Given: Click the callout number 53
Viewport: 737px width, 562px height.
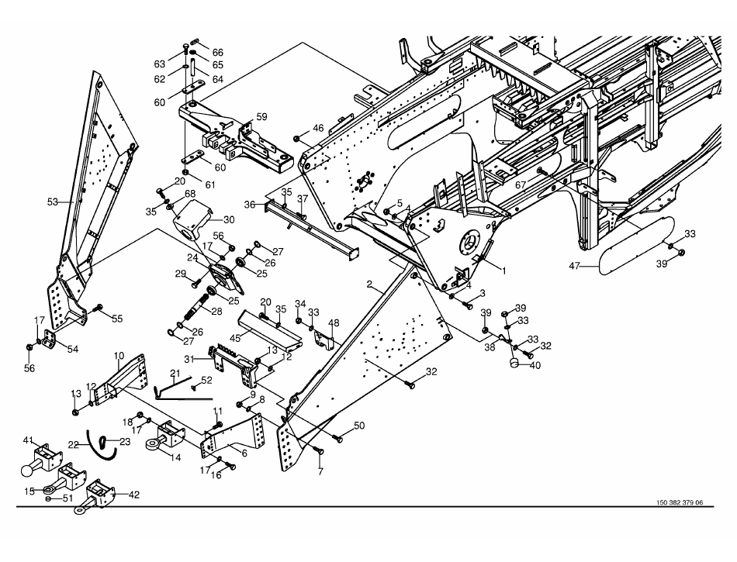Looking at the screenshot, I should pyautogui.click(x=53, y=202).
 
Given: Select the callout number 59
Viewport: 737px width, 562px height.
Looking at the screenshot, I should pyautogui.click(x=261, y=117).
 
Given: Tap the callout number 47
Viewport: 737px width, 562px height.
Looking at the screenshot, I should pyautogui.click(x=574, y=266).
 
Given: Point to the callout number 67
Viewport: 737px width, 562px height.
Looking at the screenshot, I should pyautogui.click(x=521, y=184).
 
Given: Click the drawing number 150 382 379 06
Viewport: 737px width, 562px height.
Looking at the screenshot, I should pyautogui.click(x=674, y=502).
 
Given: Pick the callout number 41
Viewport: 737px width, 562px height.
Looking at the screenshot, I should pyautogui.click(x=28, y=440).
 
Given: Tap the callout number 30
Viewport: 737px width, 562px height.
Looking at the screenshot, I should pyautogui.click(x=229, y=219).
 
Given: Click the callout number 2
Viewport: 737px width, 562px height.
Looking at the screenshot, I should pyautogui.click(x=370, y=284).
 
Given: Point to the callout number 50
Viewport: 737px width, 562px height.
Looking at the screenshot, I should pyautogui.click(x=358, y=426).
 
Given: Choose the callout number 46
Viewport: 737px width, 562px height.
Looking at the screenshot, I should pyautogui.click(x=318, y=127).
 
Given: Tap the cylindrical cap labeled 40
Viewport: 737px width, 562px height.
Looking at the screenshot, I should pyautogui.click(x=513, y=361).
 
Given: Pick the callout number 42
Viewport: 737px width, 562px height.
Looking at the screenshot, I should pyautogui.click(x=135, y=493).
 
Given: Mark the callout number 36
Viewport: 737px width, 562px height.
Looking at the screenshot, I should pyautogui.click(x=250, y=205).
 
